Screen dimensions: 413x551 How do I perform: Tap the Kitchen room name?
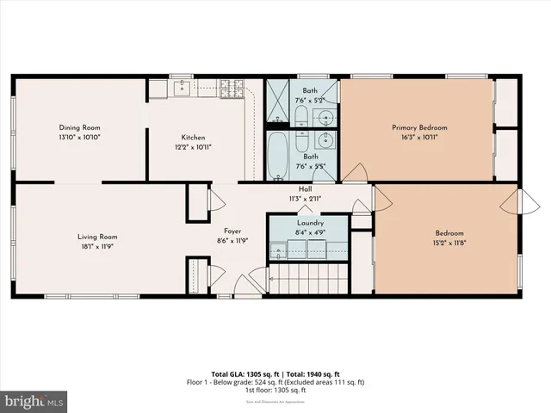click(x=193, y=138)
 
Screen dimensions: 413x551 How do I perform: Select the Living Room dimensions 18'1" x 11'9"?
click(x=96, y=247)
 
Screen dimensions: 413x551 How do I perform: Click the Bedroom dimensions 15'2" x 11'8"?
click(x=449, y=243)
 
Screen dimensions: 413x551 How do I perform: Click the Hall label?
click(x=305, y=188)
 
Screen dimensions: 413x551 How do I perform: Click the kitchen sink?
click(x=183, y=87)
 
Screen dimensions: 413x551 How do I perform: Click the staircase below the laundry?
click(x=307, y=280)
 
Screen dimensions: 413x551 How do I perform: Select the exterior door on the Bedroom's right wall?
click(x=514, y=203)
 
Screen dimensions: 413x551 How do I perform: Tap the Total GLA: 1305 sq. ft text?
click(x=245, y=374)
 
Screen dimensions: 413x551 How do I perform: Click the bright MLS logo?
click(x=34, y=401)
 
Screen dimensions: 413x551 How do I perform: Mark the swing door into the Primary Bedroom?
click(x=353, y=176)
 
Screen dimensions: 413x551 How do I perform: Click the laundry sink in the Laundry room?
click(x=279, y=251)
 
